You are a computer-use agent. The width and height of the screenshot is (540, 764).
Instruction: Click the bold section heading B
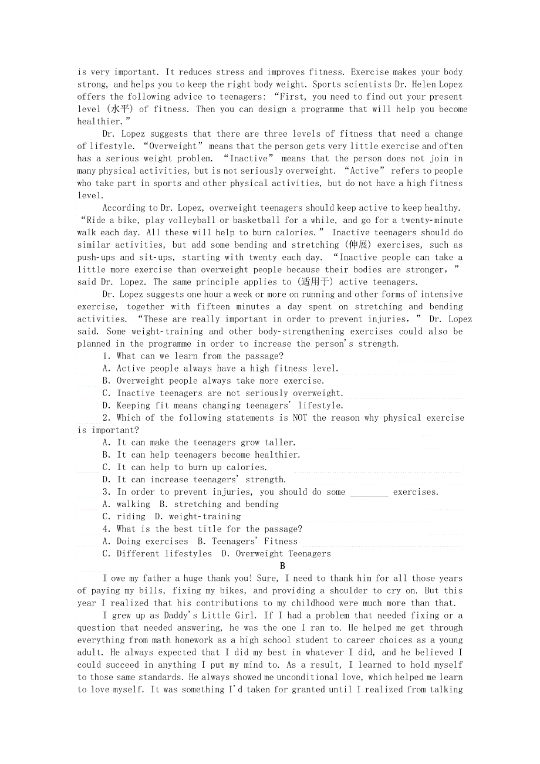282,566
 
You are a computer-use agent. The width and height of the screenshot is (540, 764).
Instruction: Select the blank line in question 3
369,492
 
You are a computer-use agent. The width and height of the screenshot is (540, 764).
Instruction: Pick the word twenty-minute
431,220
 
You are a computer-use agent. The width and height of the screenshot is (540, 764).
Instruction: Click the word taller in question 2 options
279,442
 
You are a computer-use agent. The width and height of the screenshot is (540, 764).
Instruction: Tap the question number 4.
106,529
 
